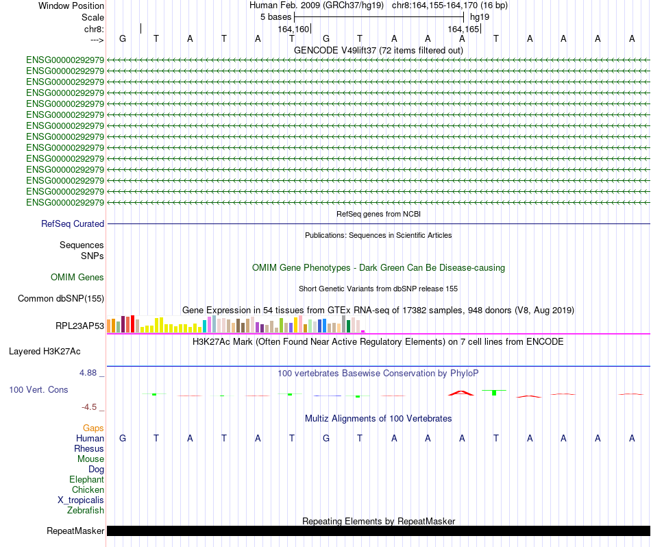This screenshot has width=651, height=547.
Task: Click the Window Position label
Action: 71,5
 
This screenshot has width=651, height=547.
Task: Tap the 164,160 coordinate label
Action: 293,29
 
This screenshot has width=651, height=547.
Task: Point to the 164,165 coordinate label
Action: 463,29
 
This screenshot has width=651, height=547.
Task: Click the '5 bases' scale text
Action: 275,16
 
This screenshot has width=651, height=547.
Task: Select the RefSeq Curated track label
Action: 73,223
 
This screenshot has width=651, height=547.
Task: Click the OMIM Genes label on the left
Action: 77,278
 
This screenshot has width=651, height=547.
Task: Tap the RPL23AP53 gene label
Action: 79,326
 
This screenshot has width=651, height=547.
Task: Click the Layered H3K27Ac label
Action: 45,352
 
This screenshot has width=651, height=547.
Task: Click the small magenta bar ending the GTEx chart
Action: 363,331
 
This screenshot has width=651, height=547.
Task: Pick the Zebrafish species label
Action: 86,510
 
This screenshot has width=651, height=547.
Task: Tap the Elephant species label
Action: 86,480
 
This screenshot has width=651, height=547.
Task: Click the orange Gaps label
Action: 93,428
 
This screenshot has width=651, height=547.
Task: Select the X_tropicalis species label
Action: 81,500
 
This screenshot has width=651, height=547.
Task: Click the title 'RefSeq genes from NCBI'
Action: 378,214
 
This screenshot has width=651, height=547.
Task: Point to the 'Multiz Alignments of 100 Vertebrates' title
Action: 378,418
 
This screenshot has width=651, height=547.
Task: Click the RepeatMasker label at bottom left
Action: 75,531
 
